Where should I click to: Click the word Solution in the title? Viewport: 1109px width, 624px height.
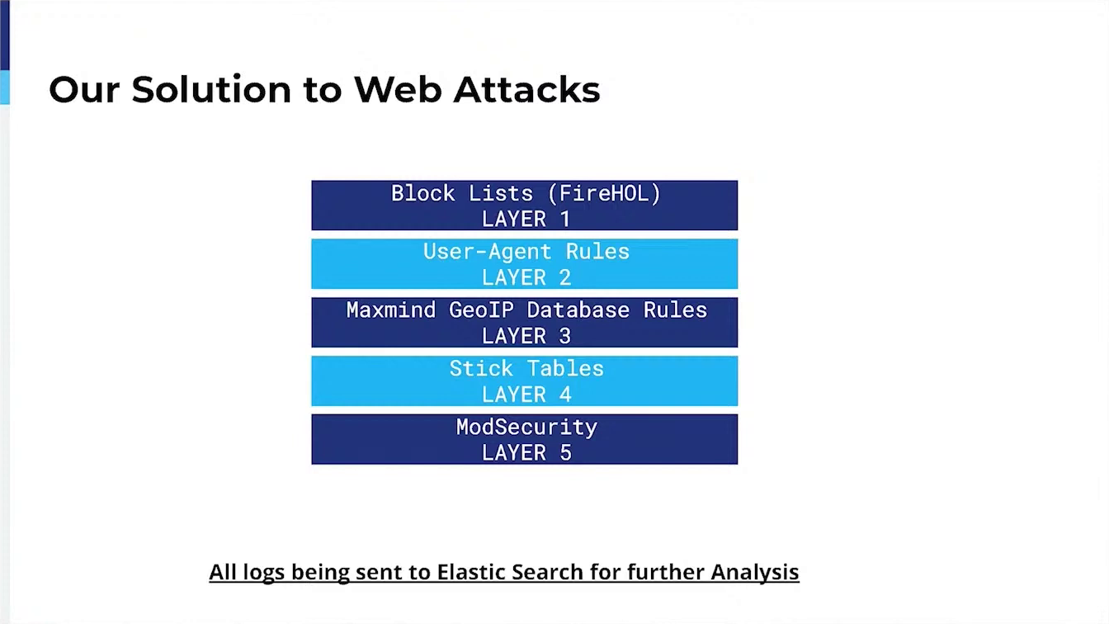tap(211, 90)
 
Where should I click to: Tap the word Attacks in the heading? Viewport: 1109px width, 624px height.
tap(526, 90)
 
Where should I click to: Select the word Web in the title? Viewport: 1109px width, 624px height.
tap(398, 90)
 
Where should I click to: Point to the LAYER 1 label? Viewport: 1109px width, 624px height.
tap(526, 219)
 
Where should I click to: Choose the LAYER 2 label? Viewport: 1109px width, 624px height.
tap(526, 277)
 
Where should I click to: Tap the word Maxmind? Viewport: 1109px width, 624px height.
tap(391, 310)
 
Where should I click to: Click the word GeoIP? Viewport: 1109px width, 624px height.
tap(481, 310)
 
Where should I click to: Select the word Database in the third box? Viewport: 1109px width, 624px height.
tap(578, 310)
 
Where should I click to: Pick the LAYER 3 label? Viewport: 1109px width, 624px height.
tap(526, 336)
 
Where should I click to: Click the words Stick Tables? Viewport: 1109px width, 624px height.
tap(526, 368)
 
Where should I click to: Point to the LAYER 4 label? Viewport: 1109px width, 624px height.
tap(526, 395)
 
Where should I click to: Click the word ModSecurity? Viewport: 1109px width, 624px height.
tap(526, 427)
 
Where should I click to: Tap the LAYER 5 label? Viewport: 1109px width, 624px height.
tap(526, 452)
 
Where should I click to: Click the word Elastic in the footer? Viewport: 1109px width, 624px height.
tap(471, 571)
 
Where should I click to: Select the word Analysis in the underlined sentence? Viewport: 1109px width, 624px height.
tap(755, 572)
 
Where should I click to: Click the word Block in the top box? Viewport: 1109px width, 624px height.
tap(423, 193)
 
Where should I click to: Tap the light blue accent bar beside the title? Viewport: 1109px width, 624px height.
tap(5, 87)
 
